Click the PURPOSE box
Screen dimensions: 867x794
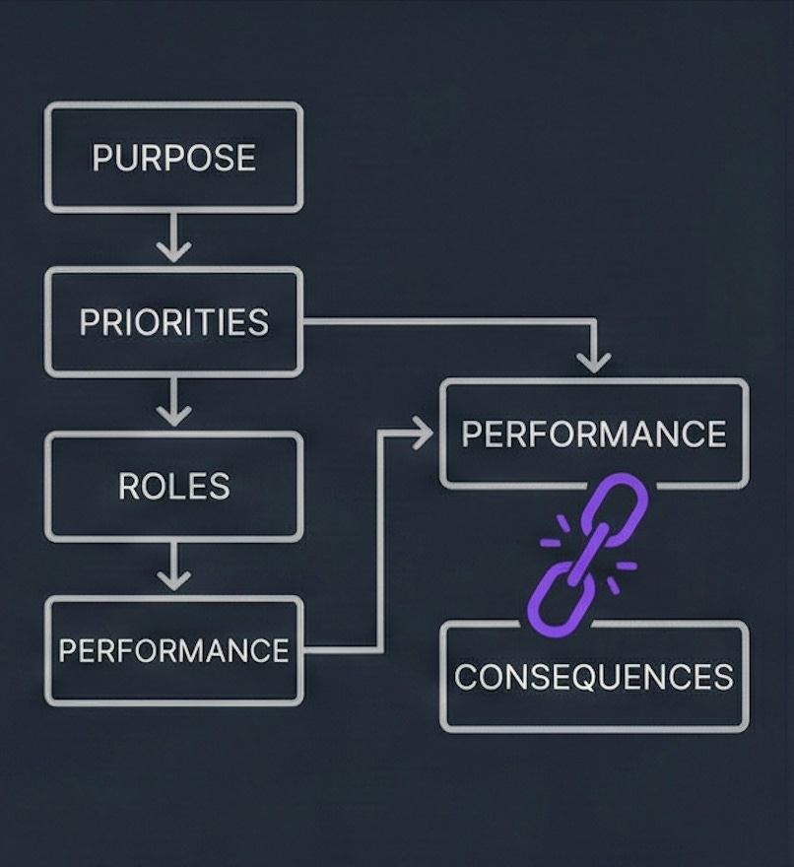173,158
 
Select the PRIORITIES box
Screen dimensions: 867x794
173,322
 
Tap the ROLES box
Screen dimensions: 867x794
173,486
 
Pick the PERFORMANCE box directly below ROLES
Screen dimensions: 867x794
173,650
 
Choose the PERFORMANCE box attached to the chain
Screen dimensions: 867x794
594,433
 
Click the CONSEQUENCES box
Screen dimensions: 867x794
594,677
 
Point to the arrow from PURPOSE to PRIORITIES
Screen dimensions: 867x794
173,239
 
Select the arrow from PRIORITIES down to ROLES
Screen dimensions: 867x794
173,404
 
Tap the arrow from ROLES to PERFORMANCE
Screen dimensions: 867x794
173,568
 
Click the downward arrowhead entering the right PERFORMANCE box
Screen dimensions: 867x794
593,363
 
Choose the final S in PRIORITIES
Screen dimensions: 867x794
258,323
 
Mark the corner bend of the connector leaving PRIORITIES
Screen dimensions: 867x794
593,321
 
